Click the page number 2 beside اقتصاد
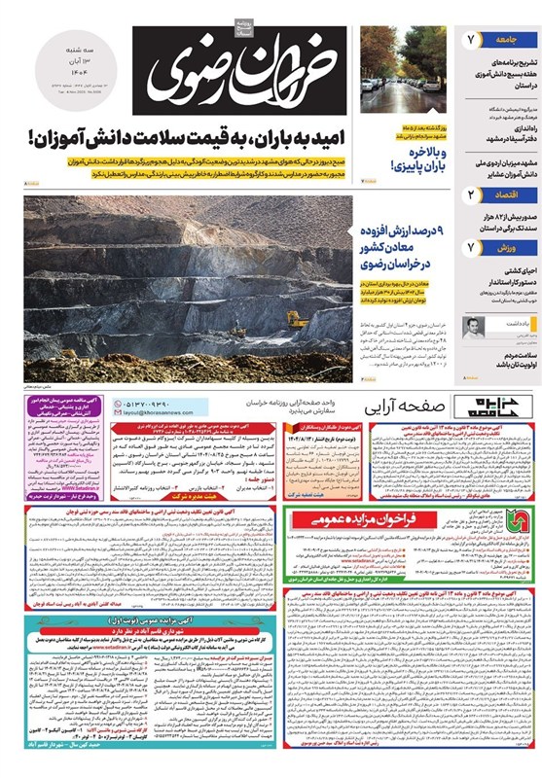[470, 195]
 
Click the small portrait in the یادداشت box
[473, 326]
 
